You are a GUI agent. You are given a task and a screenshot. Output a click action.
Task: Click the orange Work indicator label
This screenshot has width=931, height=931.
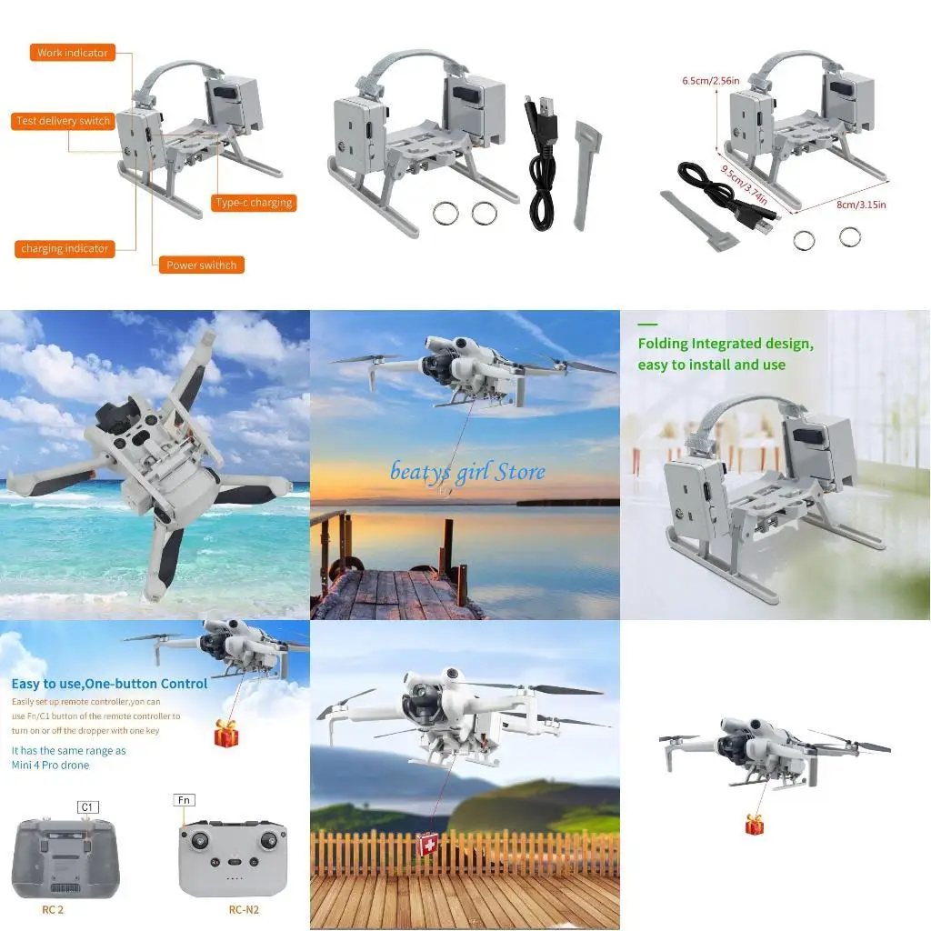pyautogui.click(x=72, y=53)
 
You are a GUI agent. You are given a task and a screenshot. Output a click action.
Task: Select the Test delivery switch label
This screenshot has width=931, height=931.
pyautogui.click(x=63, y=121)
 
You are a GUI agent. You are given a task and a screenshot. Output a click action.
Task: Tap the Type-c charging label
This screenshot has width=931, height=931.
pyautogui.click(x=254, y=203)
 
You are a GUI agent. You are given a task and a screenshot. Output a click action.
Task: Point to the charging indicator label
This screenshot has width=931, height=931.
pyautogui.click(x=65, y=248)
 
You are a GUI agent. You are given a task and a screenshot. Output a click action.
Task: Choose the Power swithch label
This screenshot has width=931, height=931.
pyautogui.click(x=201, y=265)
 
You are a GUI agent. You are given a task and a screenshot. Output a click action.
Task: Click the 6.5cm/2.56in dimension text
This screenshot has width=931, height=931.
pyautogui.click(x=710, y=80)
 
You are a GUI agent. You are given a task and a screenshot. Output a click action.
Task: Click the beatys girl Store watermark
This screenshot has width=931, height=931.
pyautogui.click(x=468, y=471)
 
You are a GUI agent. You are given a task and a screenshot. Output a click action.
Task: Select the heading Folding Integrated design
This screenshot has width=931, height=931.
pyautogui.click(x=725, y=344)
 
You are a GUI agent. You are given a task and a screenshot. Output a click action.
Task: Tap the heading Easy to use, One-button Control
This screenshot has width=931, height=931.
pyautogui.click(x=109, y=684)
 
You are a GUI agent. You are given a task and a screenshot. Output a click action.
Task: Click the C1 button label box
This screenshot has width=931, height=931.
pyautogui.click(x=88, y=806)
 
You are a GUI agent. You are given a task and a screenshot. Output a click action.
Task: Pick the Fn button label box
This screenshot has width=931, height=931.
pyautogui.click(x=184, y=800)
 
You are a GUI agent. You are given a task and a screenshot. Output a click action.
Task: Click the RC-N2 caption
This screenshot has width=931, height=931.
pyautogui.click(x=245, y=908)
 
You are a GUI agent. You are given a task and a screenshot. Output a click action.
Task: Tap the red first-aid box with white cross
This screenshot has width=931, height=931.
pyautogui.click(x=426, y=846)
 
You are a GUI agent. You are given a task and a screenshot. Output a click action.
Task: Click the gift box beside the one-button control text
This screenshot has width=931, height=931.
pyautogui.click(x=226, y=733)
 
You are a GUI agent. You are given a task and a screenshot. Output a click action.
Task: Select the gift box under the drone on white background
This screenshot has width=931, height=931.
pyautogui.click(x=755, y=824)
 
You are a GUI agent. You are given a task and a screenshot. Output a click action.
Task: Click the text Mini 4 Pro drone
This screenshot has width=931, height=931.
pyautogui.click(x=50, y=765)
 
